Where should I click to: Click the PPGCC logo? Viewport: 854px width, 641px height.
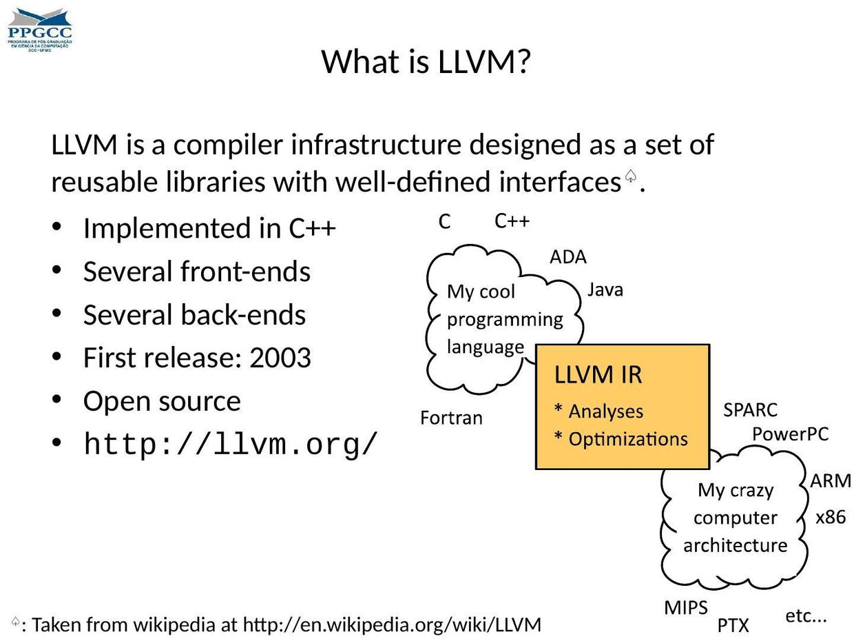coord(39,30)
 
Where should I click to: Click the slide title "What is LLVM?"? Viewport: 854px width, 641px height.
coord(426,62)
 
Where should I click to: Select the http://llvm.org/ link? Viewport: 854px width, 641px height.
coord(231,445)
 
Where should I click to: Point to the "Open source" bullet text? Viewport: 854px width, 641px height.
coord(162,401)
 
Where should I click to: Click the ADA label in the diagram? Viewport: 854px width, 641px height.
coord(568,257)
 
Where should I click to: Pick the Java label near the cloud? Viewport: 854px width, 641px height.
coord(605,290)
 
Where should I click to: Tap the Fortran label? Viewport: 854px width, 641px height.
coord(451,418)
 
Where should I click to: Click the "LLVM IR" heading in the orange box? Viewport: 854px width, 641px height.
coord(598,375)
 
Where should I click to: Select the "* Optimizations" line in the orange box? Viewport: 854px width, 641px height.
coord(621,439)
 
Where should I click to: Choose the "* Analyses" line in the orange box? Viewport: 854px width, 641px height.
coord(598,411)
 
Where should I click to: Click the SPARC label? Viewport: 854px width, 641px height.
coord(750,410)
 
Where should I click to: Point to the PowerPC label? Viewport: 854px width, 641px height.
coord(790,434)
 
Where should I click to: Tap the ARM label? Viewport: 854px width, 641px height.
coord(831,481)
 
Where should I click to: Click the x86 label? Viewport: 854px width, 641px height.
coord(831,517)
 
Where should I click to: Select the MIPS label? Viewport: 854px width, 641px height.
coord(686,608)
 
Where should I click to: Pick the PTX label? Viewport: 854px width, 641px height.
coord(733,626)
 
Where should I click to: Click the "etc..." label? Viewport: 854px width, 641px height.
coord(806,615)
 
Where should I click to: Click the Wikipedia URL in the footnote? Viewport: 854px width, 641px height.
coord(393,625)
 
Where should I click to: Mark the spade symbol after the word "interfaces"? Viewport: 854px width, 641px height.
coord(630,176)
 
